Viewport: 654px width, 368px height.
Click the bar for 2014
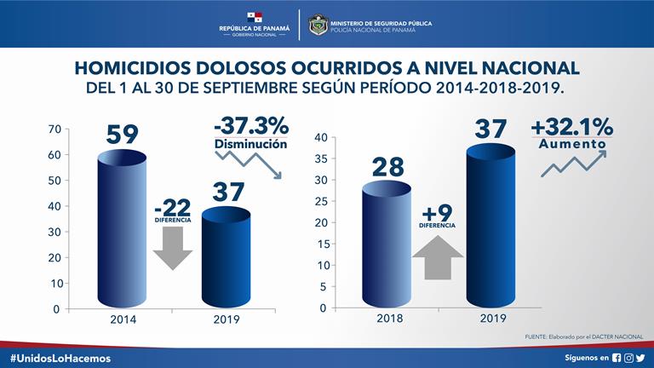123,230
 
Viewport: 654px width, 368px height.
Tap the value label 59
123,135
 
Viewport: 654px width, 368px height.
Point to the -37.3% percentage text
250,125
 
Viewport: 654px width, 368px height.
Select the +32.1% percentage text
571,127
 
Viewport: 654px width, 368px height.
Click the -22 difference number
173,207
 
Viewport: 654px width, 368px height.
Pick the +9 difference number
438,212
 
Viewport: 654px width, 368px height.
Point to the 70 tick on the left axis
54,129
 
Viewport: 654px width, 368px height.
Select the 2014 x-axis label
123,321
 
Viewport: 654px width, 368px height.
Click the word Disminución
250,145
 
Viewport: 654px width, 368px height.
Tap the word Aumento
571,146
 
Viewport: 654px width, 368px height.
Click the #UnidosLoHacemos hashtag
60,359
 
